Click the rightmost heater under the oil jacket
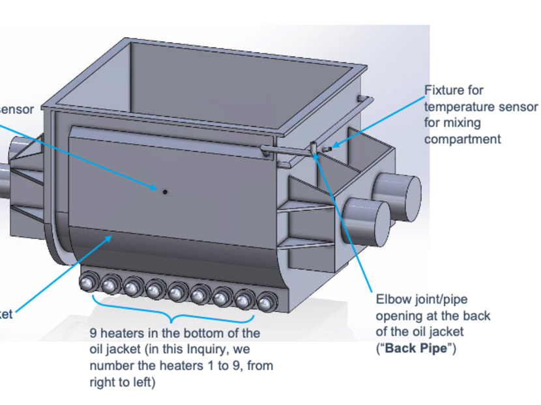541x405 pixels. coord(265,303)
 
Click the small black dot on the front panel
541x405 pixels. coord(164,191)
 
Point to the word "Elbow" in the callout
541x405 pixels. coord(392,300)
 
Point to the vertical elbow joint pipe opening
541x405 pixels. coord(313,148)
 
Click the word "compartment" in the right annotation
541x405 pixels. coord(462,139)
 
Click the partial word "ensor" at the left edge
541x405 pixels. coord(16,109)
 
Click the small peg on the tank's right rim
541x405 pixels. coord(359,98)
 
